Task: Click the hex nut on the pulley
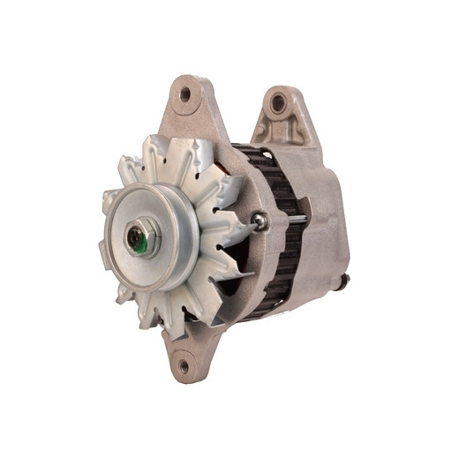pyautogui.click(x=140, y=236)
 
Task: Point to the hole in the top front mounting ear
pyautogui.click(x=184, y=94)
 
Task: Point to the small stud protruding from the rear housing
pyautogui.click(x=345, y=281)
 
